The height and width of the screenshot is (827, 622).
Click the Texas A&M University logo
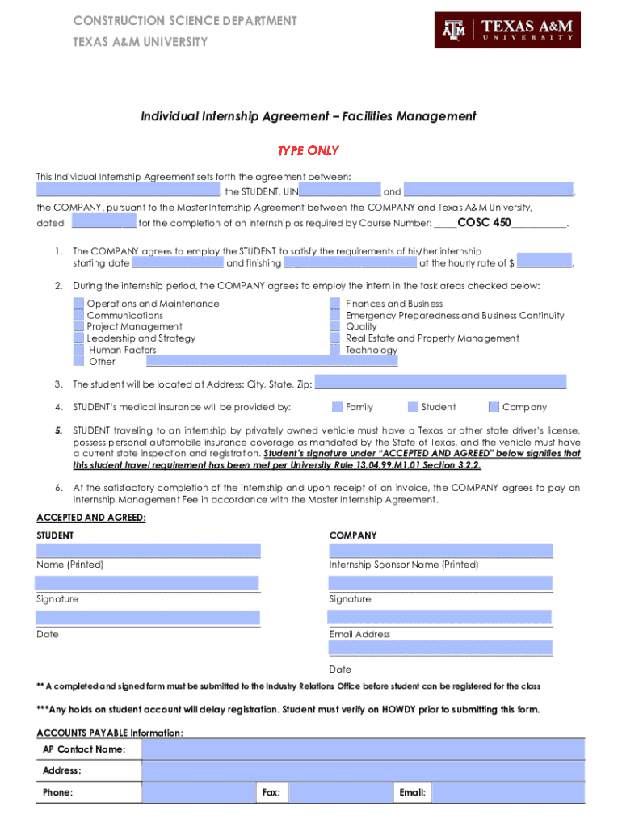[x=507, y=30]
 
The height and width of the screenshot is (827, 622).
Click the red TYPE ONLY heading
[x=308, y=151]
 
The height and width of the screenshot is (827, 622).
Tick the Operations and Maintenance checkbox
[x=78, y=304]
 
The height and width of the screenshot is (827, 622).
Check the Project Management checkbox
[x=78, y=327]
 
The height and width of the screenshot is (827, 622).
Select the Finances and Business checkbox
[x=335, y=304]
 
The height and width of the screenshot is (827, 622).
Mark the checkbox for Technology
[x=335, y=350]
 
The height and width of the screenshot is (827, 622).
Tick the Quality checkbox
[x=335, y=327]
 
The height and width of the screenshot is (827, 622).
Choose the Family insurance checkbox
[x=338, y=407]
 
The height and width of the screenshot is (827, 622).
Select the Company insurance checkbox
[x=495, y=407]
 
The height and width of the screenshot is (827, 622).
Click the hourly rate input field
[x=544, y=262]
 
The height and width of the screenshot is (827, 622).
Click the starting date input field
[x=177, y=262]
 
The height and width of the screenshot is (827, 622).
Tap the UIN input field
[x=339, y=191]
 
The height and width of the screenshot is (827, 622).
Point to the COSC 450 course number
[x=484, y=222]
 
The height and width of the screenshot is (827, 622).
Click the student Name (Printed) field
[x=148, y=550]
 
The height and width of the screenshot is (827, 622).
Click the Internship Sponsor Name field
[x=441, y=550]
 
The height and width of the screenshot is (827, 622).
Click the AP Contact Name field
[x=363, y=749]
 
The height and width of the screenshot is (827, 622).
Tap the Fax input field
[x=339, y=792]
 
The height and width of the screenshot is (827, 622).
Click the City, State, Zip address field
[x=440, y=383]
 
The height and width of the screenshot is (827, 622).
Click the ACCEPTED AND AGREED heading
[x=90, y=518]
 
